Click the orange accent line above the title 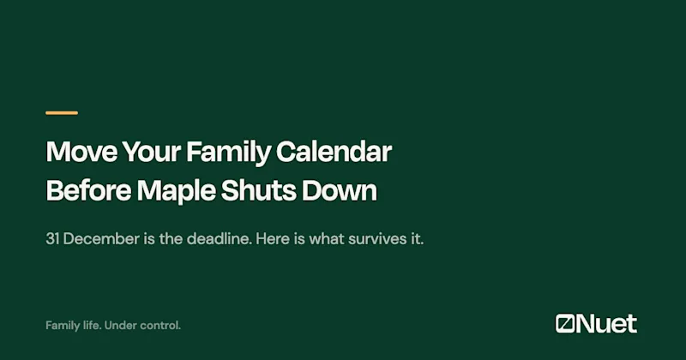pyautogui.click(x=62, y=113)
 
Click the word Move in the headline pyautogui.click(x=81, y=152)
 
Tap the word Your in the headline pyautogui.click(x=152, y=153)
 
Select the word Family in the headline pyautogui.click(x=228, y=153)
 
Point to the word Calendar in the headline pyautogui.click(x=334, y=152)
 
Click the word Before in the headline pyautogui.click(x=89, y=190)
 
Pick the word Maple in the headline pyautogui.click(x=177, y=192)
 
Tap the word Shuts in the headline pyautogui.click(x=259, y=190)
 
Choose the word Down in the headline pyautogui.click(x=340, y=190)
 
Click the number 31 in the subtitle pyautogui.click(x=52, y=239)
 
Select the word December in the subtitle pyautogui.click(x=101, y=239)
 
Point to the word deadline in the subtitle pyautogui.click(x=220, y=239)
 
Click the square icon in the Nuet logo pyautogui.click(x=565, y=324)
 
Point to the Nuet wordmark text pyautogui.click(x=606, y=324)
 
